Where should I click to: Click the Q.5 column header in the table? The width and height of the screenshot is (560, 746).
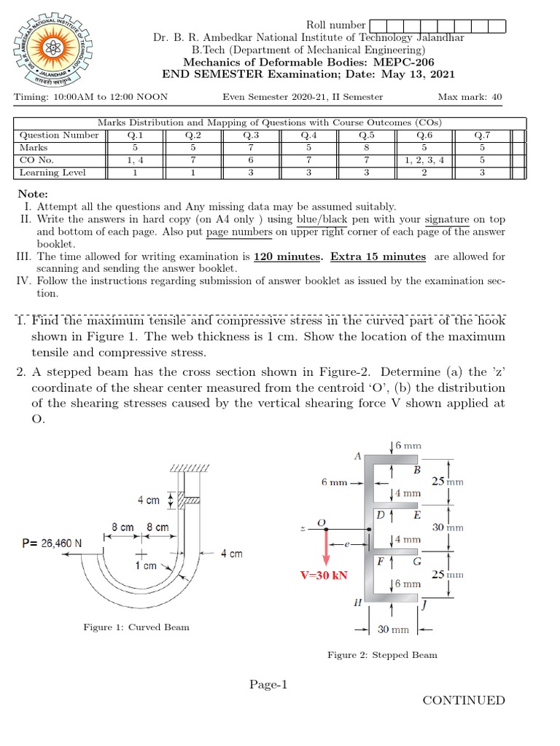(x=365, y=135)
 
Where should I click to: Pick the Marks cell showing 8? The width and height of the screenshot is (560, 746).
(x=365, y=147)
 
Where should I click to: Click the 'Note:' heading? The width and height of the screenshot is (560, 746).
(x=33, y=194)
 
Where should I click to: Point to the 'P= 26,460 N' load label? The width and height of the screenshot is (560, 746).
(x=52, y=543)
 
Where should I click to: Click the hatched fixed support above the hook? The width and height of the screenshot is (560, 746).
(x=190, y=467)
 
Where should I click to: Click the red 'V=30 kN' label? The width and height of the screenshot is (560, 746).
(x=324, y=575)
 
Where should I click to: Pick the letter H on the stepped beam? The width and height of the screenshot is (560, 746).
(x=357, y=602)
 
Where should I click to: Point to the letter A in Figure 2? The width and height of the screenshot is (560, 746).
(x=357, y=456)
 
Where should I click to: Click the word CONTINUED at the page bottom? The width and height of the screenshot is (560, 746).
(x=463, y=700)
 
